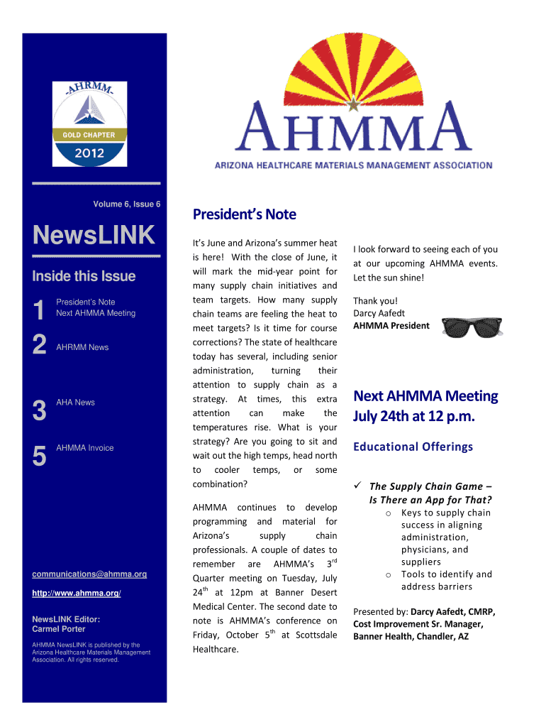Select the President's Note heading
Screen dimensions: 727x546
pos(245,214)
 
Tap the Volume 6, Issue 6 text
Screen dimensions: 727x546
pos(127,204)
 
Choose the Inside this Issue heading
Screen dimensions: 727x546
pos(84,276)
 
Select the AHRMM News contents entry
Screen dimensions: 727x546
pos(82,347)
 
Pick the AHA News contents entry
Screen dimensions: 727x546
pos(75,403)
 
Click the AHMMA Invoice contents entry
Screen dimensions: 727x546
pos(84,448)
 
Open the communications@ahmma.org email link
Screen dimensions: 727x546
pos(89,574)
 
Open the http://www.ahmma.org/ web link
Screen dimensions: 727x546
pos(77,593)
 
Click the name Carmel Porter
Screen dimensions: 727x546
pos(59,629)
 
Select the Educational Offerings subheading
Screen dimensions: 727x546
pos(413,447)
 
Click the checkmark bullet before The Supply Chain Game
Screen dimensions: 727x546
pos(358,486)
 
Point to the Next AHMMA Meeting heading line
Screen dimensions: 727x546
pos(425,395)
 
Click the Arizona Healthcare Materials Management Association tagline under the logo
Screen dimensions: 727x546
pos(353,165)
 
